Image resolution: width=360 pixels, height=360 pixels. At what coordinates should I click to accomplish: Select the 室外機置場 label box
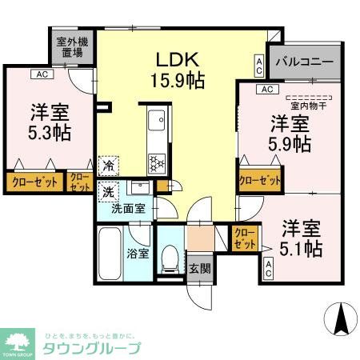click(x=70, y=49)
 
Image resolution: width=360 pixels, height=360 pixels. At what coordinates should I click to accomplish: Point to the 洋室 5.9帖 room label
click(x=290, y=134)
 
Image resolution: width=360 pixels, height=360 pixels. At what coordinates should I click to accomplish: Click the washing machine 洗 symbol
click(x=107, y=193)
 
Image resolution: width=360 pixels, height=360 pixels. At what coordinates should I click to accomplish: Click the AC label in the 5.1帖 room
click(x=269, y=270)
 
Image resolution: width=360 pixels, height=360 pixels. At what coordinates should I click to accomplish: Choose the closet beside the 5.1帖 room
click(x=244, y=238)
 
